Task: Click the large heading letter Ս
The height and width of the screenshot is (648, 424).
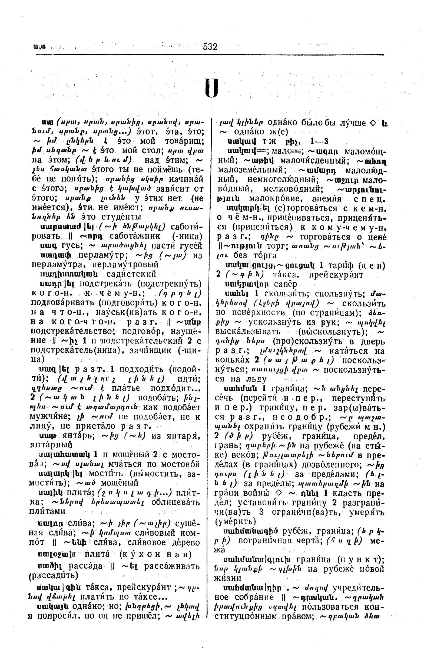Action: click(x=211, y=88)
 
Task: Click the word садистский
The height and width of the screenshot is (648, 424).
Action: click(x=131, y=274)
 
